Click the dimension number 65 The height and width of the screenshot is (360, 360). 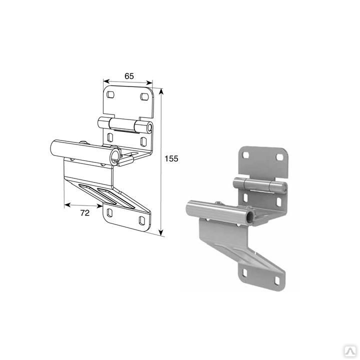(x=129, y=76)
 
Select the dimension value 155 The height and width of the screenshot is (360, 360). (x=171, y=158)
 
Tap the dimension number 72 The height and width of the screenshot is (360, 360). (x=84, y=213)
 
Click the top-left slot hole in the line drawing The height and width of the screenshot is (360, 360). (x=110, y=94)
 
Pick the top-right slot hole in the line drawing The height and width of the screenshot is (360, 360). (x=144, y=96)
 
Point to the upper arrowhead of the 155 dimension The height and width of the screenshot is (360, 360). (x=161, y=91)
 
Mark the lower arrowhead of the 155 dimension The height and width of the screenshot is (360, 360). (x=161, y=232)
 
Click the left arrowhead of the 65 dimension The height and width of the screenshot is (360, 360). (x=106, y=81)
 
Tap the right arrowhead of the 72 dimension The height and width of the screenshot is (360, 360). (x=100, y=206)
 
